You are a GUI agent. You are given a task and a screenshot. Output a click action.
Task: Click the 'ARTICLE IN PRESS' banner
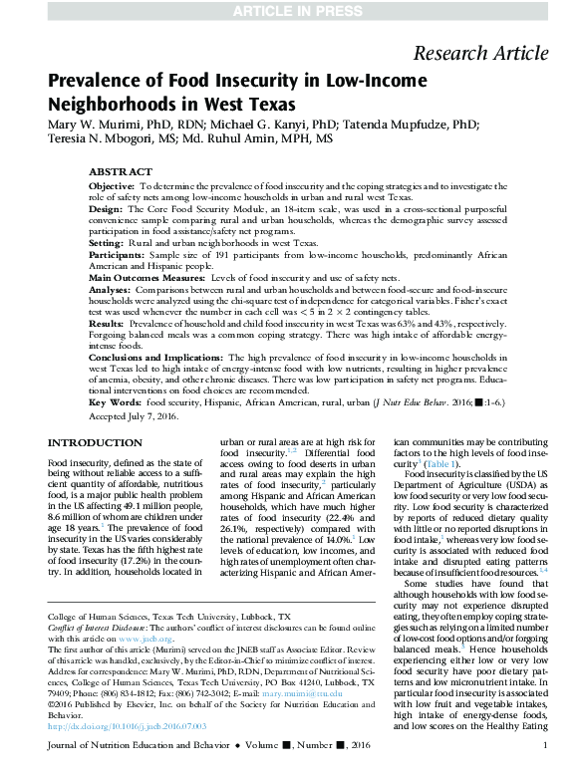(x=291, y=11)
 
